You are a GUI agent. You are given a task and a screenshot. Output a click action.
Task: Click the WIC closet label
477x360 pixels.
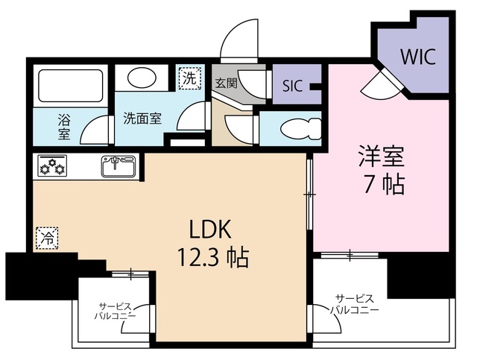click(418, 57)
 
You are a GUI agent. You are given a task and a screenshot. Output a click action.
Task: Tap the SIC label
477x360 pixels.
click(292, 86)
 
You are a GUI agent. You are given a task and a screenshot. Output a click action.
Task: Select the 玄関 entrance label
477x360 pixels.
click(226, 83)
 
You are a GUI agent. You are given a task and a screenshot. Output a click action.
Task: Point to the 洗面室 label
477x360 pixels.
click(142, 118)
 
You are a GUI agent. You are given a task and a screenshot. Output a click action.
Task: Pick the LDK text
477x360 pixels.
click(210, 230)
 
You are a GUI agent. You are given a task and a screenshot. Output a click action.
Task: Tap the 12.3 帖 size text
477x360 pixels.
click(213, 257)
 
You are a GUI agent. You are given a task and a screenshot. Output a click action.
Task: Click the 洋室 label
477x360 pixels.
click(382, 156)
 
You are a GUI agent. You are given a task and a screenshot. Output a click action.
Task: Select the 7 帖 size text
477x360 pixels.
click(385, 184)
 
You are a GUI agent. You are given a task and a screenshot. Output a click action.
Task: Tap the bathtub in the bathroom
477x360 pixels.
click(70, 86)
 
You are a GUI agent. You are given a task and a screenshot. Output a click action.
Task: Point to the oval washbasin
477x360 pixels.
click(142, 78)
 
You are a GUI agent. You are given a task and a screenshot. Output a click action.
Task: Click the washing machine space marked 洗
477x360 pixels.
click(190, 78)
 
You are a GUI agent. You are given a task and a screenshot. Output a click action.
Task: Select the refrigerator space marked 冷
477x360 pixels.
click(47, 239)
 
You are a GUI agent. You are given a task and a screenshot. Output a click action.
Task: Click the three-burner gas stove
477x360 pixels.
click(52, 166)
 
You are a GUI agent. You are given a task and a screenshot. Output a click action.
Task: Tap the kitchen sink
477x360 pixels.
click(119, 166)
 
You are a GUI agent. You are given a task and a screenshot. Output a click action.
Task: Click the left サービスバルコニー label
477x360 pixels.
click(115, 311)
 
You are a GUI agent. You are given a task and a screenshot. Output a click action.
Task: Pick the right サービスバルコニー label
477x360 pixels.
click(355, 304)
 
